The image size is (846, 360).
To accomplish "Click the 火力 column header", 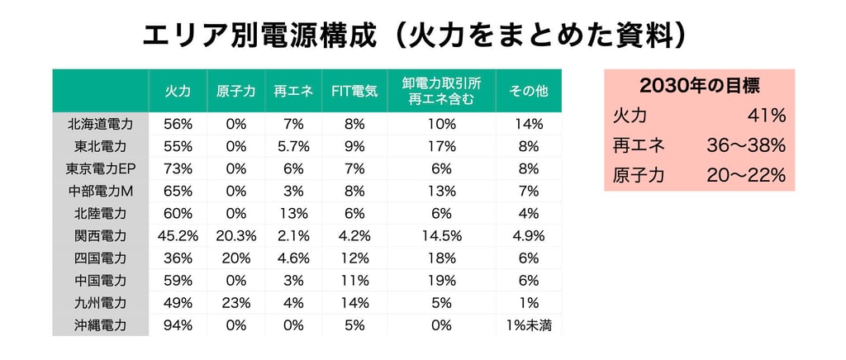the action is pyautogui.click(x=178, y=91).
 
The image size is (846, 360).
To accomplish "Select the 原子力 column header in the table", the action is pyautogui.click(x=235, y=91).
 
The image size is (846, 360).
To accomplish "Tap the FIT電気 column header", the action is pyautogui.click(x=354, y=91).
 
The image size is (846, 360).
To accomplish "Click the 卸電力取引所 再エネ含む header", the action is pyautogui.click(x=441, y=91).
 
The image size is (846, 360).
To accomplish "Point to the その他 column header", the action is pyautogui.click(x=528, y=91).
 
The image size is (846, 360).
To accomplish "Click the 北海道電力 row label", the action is pyautogui.click(x=100, y=124).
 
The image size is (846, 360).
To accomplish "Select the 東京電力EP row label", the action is pyautogui.click(x=100, y=168).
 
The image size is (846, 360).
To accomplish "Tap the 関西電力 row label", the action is pyautogui.click(x=100, y=235).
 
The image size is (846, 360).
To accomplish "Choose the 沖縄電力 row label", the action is pyautogui.click(x=100, y=325).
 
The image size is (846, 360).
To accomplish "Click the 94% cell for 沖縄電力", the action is pyautogui.click(x=178, y=325).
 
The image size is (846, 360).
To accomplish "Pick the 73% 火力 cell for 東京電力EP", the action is pyautogui.click(x=178, y=168).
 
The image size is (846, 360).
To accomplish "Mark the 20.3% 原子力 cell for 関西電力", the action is pyautogui.click(x=235, y=235).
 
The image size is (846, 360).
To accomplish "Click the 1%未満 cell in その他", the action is pyautogui.click(x=528, y=325).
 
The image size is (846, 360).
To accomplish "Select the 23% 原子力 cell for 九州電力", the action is pyautogui.click(x=235, y=303).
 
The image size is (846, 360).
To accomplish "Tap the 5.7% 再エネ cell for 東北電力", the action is pyautogui.click(x=293, y=146).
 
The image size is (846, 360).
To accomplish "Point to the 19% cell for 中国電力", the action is pyautogui.click(x=441, y=281).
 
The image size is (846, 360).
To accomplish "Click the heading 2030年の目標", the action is pyautogui.click(x=699, y=87).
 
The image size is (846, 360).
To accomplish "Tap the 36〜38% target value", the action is pyautogui.click(x=746, y=146).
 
